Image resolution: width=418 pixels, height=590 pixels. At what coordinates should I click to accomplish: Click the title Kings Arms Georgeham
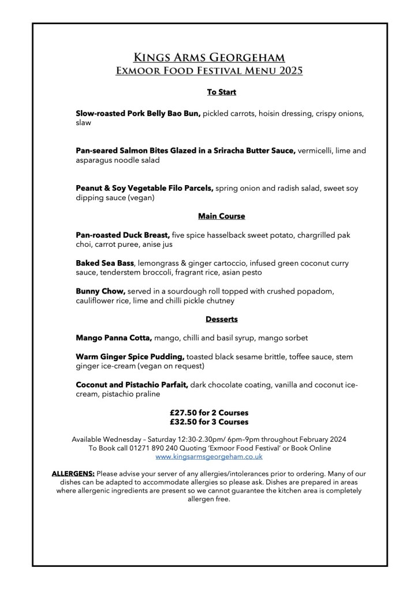(209, 58)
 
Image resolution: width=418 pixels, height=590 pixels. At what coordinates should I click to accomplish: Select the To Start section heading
(222, 92)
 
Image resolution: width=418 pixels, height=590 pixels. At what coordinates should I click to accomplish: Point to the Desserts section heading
(222, 319)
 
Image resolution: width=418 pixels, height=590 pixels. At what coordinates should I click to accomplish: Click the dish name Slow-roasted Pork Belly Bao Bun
(138, 114)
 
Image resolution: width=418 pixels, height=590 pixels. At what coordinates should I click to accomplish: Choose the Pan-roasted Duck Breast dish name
(122, 235)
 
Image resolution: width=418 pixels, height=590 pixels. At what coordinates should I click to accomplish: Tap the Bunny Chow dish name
(100, 291)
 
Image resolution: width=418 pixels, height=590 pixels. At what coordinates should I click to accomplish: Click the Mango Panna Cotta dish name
(114, 337)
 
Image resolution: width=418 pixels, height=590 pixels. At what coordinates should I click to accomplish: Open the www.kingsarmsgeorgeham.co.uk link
(209, 456)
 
